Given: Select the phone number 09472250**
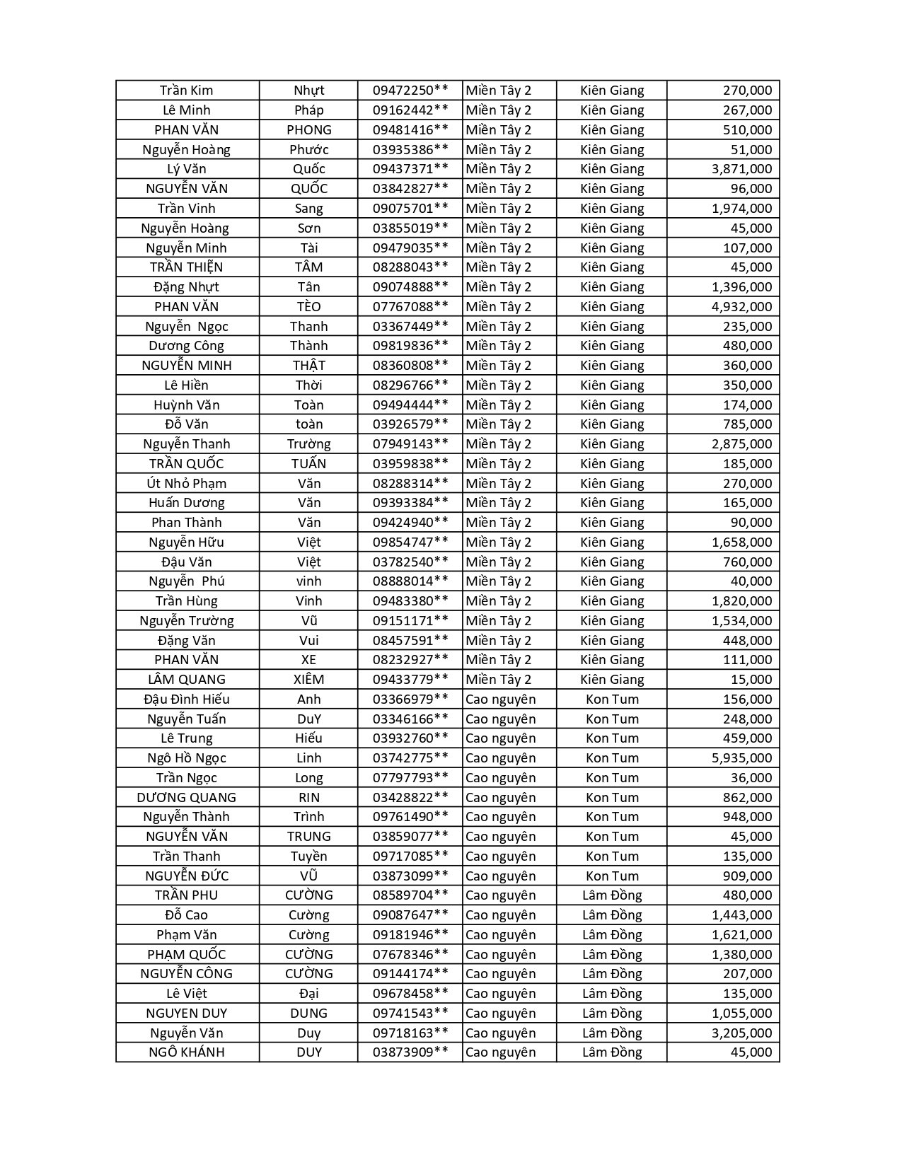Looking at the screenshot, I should pyautogui.click(x=410, y=91).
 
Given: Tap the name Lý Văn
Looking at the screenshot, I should pyautogui.click(x=187, y=169).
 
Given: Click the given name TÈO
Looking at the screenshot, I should pyautogui.click(x=308, y=307).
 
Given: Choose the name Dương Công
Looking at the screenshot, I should pyautogui.click(x=186, y=346).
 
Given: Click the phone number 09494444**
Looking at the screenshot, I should pyautogui.click(x=410, y=405).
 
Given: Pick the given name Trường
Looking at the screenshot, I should pyautogui.click(x=308, y=444).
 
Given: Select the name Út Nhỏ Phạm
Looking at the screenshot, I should pyautogui.click(x=186, y=484).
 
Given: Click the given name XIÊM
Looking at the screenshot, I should pyautogui.click(x=308, y=680).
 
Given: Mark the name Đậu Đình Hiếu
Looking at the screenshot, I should pyautogui.click(x=186, y=699).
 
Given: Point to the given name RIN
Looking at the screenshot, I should pyautogui.click(x=308, y=798).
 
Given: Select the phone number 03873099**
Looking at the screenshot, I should pyautogui.click(x=410, y=876).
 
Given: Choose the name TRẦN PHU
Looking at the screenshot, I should pyautogui.click(x=186, y=895).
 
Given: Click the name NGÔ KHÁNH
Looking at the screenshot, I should pyautogui.click(x=186, y=1052).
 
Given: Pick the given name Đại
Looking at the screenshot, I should pyautogui.click(x=308, y=994).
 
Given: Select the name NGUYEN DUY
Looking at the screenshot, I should pyautogui.click(x=186, y=1014).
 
